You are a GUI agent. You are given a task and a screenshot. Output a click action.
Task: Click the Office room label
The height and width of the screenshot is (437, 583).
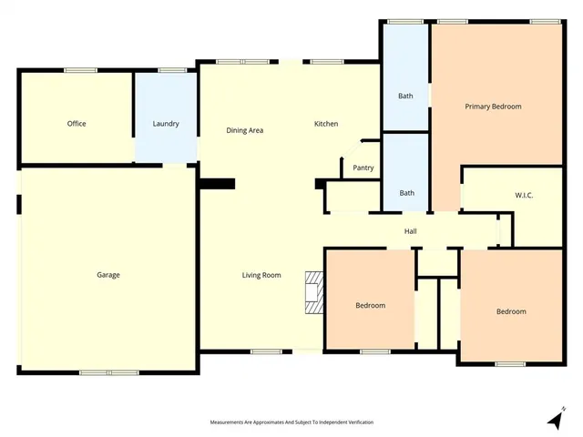tap(77, 124)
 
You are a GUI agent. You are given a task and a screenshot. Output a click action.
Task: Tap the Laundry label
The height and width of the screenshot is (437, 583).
tap(166, 124)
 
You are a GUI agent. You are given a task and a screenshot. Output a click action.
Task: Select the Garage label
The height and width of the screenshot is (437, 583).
tap(108, 275)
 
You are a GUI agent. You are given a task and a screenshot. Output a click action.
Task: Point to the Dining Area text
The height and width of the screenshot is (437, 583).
tap(245, 130)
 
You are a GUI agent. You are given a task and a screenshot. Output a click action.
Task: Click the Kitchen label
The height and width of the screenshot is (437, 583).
tap(326, 124)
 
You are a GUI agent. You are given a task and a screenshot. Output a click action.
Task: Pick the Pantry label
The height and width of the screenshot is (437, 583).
tap(363, 168)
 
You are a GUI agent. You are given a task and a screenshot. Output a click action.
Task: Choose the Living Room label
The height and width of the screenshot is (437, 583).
tap(261, 275)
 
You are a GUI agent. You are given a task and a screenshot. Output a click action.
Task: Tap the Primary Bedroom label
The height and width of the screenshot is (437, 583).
tap(493, 107)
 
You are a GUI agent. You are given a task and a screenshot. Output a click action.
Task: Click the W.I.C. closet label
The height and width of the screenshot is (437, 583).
tap(524, 194)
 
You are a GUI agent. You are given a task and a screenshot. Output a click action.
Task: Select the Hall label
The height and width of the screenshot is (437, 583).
tap(411, 231)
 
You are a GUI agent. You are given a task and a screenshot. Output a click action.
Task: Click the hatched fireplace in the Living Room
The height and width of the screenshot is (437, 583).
tap(314, 292)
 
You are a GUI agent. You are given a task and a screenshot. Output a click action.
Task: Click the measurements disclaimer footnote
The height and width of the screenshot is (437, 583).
tap(291, 422)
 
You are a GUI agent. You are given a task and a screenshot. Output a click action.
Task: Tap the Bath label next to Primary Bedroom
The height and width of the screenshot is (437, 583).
tap(406, 96)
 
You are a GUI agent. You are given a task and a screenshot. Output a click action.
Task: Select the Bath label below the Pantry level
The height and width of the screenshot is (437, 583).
tap(406, 192)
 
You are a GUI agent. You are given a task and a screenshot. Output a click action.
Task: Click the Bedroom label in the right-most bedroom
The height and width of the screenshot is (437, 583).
tap(511, 311)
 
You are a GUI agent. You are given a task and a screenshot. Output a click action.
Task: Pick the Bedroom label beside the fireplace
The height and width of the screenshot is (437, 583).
tap(370, 305)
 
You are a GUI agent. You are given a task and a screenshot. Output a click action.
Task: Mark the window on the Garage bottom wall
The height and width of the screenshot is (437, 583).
tap(108, 372)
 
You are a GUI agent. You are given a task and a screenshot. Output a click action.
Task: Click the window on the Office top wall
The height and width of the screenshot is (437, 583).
tap(80, 70)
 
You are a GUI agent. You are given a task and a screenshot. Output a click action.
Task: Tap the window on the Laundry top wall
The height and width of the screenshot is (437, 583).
tap(170, 70)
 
